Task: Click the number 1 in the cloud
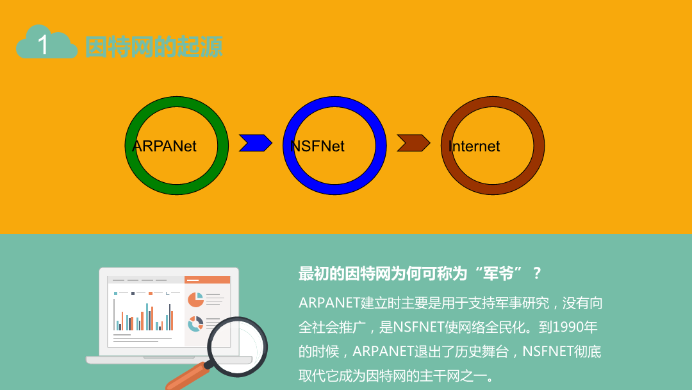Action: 43,45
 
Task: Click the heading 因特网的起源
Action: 154,47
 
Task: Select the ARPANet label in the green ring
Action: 164,146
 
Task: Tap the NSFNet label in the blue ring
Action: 317,146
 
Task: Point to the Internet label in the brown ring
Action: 474,146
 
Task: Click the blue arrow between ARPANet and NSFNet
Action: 256,143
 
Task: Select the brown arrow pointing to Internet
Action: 414,143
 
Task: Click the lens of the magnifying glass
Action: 238,347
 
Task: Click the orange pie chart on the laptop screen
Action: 195,300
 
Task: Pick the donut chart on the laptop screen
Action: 195,324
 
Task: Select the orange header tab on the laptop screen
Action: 208,280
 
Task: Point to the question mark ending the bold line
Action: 537,274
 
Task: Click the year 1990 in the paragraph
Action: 568,327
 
